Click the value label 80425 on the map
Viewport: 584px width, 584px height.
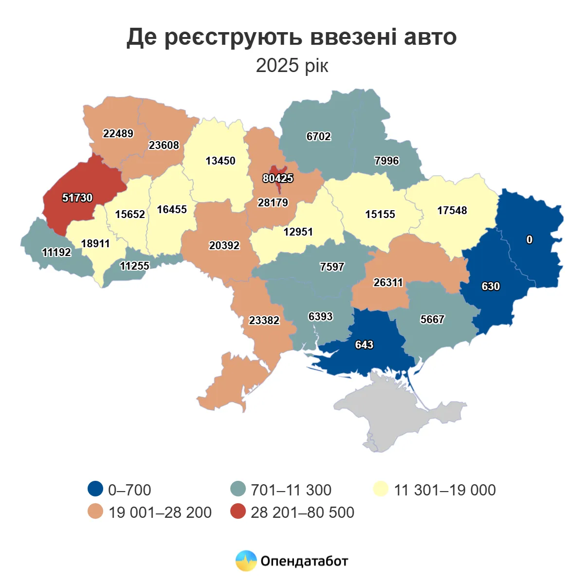point(278,178)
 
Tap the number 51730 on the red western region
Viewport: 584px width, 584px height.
point(77,198)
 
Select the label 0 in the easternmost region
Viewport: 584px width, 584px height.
point(529,239)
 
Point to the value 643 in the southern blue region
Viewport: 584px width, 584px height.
point(364,345)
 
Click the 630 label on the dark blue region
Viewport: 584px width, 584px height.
point(491,286)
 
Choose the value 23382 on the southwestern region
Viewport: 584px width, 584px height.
point(264,320)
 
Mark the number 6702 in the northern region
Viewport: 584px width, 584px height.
point(318,136)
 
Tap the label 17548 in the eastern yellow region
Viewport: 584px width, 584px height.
point(452,210)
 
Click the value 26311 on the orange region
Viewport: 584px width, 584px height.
point(388,282)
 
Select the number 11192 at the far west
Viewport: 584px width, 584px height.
point(56,252)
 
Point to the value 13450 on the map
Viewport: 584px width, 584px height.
point(220,161)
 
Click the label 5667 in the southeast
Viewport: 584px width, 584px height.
point(432,319)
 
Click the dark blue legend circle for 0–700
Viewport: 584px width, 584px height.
point(95,489)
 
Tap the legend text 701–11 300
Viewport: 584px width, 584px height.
point(291,490)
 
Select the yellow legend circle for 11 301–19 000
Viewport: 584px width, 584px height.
point(381,489)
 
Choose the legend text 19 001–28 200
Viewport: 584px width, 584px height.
point(160,512)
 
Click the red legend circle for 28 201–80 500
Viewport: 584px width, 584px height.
point(238,511)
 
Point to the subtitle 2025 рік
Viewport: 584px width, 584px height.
point(292,65)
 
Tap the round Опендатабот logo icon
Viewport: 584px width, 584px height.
point(246,561)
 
